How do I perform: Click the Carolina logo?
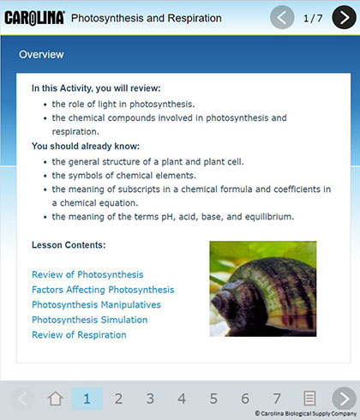tap(34, 18)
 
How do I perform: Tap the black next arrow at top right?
tap(344, 17)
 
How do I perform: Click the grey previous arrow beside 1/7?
tap(282, 17)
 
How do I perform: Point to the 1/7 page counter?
tap(313, 18)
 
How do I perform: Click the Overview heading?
tap(41, 54)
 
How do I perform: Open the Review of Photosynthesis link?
tap(87, 274)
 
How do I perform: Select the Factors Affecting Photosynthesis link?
tap(103, 290)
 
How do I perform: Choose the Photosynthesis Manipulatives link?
tap(96, 305)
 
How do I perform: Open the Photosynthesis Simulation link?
tap(90, 320)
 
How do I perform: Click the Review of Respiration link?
tap(79, 335)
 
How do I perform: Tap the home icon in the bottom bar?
tap(56, 399)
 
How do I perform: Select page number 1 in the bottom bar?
tap(87, 399)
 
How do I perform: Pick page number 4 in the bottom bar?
tap(182, 399)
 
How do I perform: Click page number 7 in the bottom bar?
tap(277, 399)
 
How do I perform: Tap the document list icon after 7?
tap(309, 399)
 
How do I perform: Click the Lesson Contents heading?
tap(69, 245)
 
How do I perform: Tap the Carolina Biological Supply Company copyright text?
tap(306, 413)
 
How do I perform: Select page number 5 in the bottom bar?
tap(213, 399)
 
